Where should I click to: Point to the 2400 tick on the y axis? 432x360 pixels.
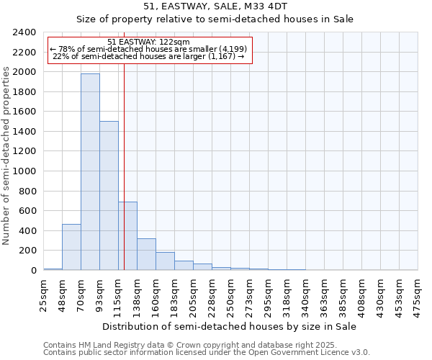point(24,32)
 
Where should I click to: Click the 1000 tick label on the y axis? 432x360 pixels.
point(24,171)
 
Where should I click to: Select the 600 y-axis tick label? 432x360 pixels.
point(27,211)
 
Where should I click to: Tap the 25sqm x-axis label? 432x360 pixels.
point(43,294)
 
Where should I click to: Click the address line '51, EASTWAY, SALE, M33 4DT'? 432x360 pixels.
point(215,6)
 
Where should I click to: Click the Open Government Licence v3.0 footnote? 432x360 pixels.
point(207,353)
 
